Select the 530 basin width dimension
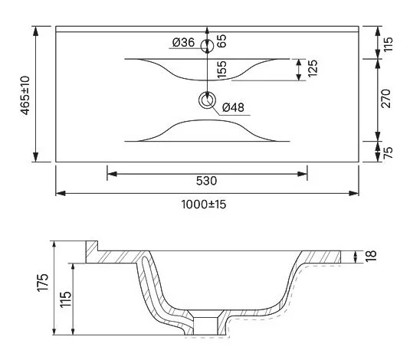pos(207,182)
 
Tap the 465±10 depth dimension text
pos(25,94)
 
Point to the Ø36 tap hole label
pos(182,43)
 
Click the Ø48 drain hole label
pos(233,108)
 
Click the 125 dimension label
pos(312,69)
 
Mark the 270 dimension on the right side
pos(387,100)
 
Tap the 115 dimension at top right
pos(387,43)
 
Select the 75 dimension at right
pos(387,151)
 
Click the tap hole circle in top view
pos(206,45)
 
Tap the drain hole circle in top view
pos(206,100)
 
